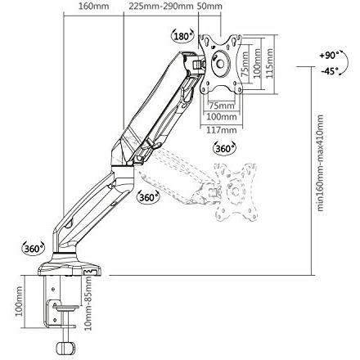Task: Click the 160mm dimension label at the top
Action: (93, 6)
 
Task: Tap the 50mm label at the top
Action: (210, 6)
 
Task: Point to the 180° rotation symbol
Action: (182, 36)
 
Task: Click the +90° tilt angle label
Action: (329, 58)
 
